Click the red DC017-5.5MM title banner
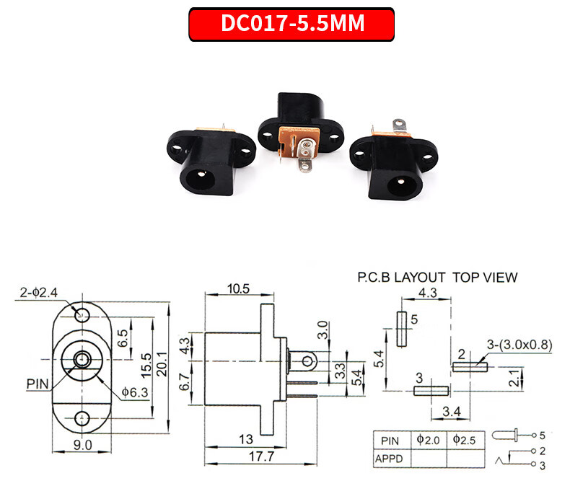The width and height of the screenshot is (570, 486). coord(291,24)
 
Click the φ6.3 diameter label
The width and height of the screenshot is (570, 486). coord(135,392)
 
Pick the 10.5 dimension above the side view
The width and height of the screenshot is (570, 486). coord(237,288)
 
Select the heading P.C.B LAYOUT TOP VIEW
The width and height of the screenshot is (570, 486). coord(437,277)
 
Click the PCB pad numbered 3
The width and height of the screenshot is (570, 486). coord(431,390)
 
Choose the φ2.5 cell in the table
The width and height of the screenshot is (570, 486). coord(464,439)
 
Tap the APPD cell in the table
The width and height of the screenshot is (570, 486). coord(390,457)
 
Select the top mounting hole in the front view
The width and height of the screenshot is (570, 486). coord(82,314)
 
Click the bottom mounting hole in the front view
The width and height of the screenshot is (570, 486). coord(82,417)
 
